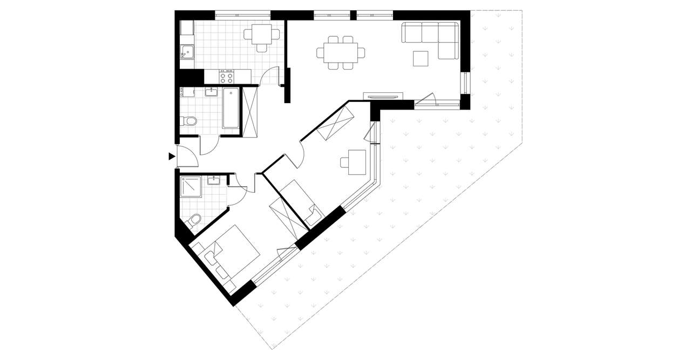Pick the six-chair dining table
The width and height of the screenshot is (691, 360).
click(x=340, y=53)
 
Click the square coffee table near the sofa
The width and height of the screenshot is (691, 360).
click(x=421, y=58)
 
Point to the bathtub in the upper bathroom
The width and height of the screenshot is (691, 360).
click(x=231, y=108)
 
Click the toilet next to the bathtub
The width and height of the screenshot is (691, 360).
click(x=189, y=121)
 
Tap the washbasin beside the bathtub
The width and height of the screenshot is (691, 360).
click(x=211, y=92)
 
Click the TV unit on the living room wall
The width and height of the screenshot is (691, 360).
click(x=383, y=96)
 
